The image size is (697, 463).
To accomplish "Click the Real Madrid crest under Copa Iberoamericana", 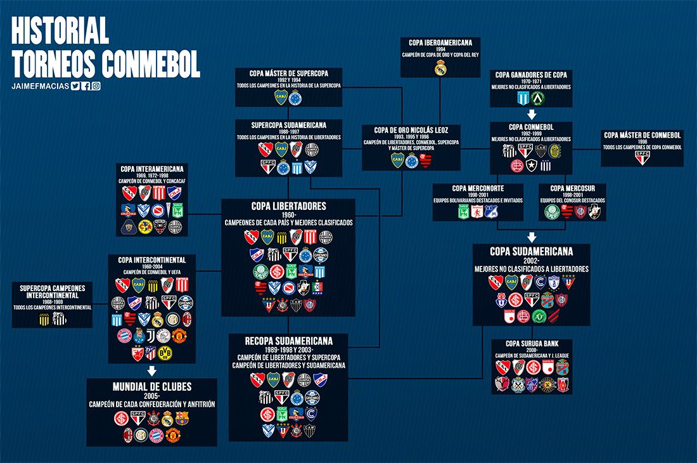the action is pos(440,70).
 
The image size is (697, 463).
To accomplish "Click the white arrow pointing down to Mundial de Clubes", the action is pos(151,370).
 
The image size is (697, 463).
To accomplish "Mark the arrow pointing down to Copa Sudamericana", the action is pos(531,236).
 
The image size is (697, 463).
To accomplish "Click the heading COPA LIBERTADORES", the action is pos(288,207).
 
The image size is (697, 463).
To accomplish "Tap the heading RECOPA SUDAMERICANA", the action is pos(288,341).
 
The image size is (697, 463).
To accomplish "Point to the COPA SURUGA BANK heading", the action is pos(532,344).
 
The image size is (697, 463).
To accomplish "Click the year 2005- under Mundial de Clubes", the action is pos(151,395).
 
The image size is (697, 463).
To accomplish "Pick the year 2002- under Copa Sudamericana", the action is pos(531,261).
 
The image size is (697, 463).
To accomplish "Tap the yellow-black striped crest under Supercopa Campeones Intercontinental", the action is pos(44,318).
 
